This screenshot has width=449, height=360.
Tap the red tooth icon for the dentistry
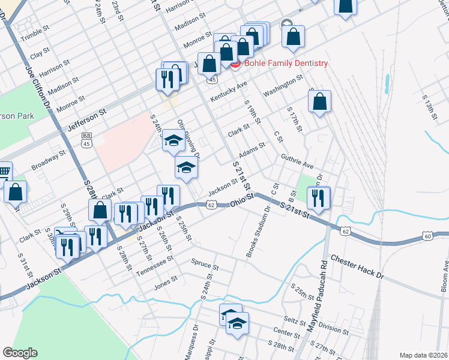235,64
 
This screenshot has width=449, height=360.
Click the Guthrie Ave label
297,160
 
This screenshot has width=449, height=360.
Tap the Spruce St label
201,262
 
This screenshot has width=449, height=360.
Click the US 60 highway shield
427,236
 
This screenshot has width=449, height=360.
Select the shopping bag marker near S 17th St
321,103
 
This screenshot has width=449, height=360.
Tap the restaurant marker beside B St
318,199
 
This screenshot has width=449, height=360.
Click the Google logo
20,353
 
